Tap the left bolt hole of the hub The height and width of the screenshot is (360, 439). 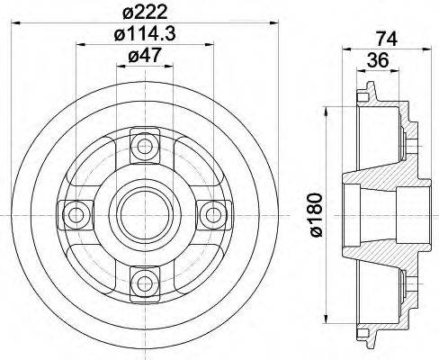click(x=74, y=214)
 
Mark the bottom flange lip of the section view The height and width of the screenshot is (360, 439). click(x=364, y=339)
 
